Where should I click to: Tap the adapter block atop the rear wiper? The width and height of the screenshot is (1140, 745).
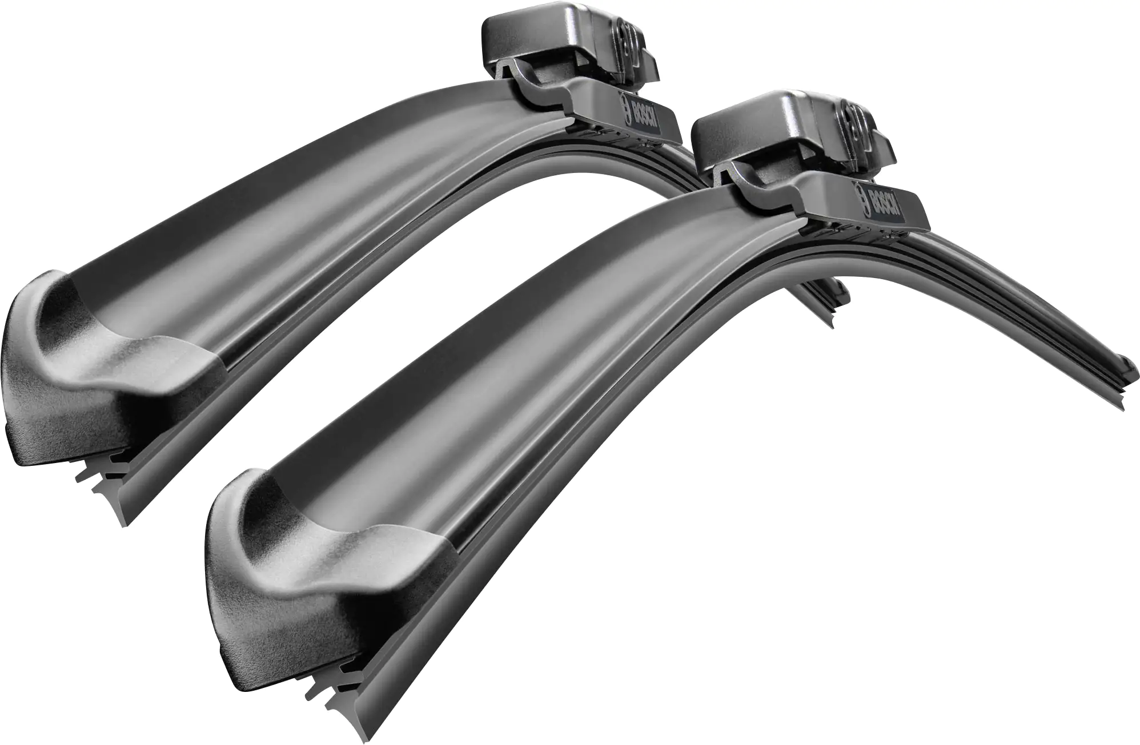click(569, 49)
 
